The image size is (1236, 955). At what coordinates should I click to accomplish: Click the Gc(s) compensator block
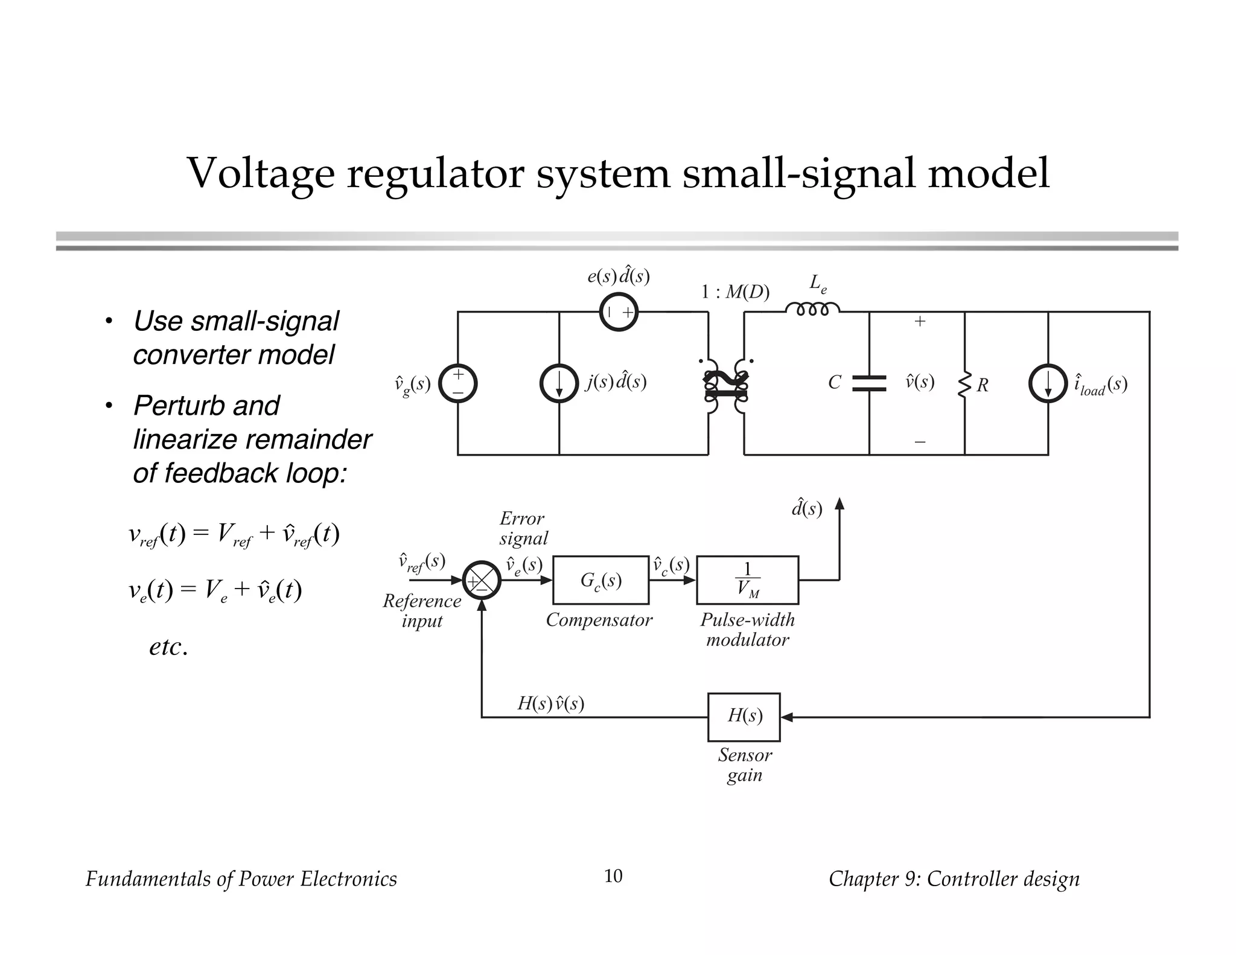600,580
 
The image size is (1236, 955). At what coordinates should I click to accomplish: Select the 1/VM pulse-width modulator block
747,580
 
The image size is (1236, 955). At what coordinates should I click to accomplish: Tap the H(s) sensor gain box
744,717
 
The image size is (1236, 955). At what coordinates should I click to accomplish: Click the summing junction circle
482,581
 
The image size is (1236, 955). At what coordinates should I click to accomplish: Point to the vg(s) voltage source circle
457,384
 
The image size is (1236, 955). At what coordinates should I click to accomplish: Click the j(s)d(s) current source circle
559,384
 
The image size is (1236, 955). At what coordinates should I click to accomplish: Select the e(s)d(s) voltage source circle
619,311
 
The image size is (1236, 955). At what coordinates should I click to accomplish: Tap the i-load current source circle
1048,384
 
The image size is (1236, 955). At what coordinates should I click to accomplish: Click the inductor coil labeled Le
812,309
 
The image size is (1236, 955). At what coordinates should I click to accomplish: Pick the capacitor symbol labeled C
869,383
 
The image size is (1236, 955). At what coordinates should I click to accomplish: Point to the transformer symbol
726,386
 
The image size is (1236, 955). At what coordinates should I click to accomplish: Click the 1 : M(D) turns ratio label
734,292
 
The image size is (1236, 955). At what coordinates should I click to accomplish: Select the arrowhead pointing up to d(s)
839,504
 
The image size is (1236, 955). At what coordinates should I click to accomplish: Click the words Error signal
523,528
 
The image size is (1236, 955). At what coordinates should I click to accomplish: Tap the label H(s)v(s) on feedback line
550,703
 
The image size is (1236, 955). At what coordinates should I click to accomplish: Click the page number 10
613,876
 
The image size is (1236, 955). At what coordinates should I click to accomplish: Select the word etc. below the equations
168,647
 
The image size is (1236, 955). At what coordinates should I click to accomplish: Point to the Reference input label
422,610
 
